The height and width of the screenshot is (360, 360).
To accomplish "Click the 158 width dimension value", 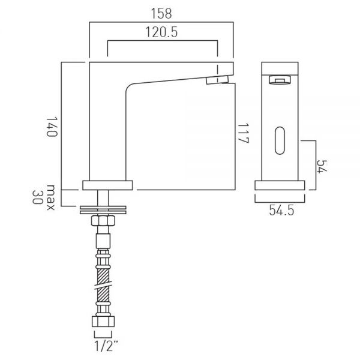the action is click(x=161, y=14).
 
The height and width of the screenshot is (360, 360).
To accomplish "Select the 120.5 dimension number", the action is click(x=161, y=32).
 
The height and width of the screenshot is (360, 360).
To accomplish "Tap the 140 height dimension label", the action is click(x=52, y=127).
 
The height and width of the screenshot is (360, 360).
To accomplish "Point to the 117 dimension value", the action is click(x=243, y=133).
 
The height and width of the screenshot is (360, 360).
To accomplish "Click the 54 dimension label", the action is click(x=322, y=166).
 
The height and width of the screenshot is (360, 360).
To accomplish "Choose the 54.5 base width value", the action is click(x=281, y=210).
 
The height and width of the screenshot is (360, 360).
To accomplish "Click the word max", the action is click(x=50, y=197).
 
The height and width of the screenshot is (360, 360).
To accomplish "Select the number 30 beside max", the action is click(x=38, y=197).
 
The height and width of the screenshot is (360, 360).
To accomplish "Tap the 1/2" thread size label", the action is click(x=106, y=346).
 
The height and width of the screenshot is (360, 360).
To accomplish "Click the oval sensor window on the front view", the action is click(x=280, y=140).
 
